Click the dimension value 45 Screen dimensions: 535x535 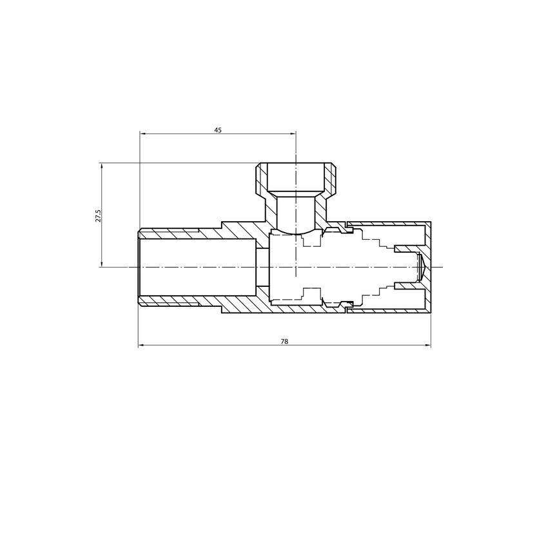tap(218, 130)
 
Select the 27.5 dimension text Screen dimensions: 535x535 tap(98, 216)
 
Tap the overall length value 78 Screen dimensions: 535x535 tap(284, 341)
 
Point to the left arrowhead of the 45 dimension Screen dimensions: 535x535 tap(142, 134)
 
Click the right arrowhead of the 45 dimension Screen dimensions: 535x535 tap(293, 134)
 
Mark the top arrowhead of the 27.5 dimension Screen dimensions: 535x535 tap(101, 166)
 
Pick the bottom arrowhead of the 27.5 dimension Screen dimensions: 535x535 tap(101, 264)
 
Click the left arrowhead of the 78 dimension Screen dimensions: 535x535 tap(141, 345)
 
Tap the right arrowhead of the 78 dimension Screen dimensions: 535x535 tap(428, 345)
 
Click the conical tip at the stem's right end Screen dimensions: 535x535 tap(421, 267)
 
